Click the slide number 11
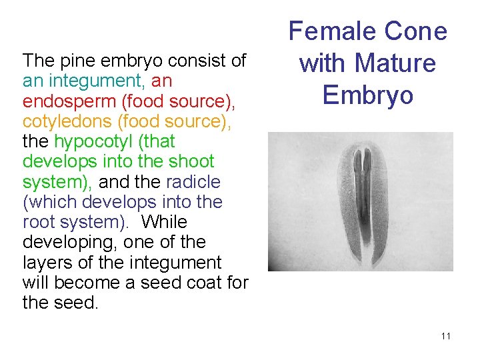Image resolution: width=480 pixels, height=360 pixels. click(x=445, y=336)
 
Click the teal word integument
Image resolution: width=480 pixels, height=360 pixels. click(x=94, y=81)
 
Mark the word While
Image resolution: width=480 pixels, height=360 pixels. click(x=165, y=221)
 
